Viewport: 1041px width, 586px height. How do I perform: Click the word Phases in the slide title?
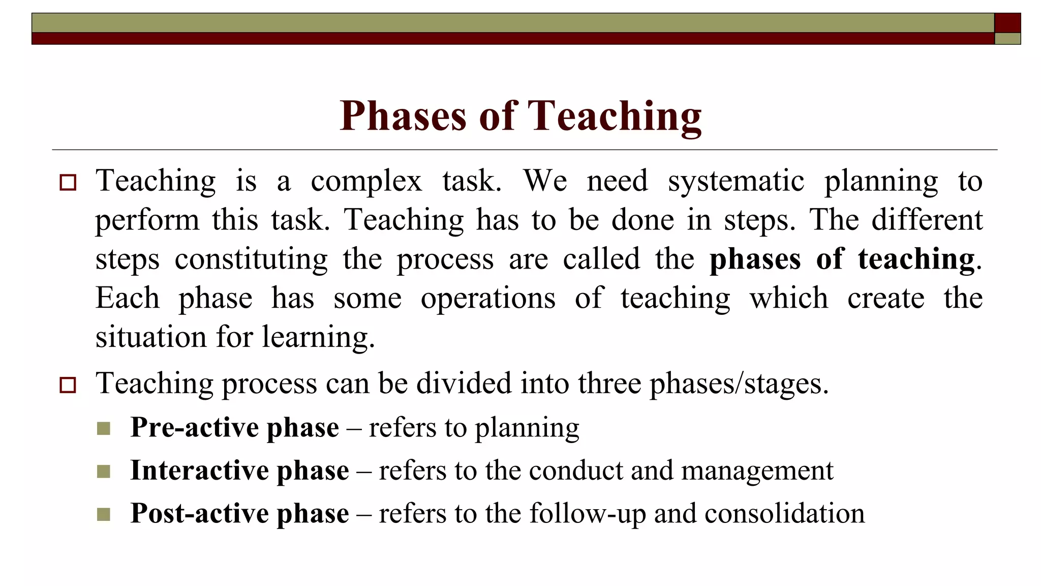402,116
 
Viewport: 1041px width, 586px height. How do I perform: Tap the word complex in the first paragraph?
366,181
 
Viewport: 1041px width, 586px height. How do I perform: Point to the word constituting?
251,259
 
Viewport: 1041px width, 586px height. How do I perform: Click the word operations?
488,299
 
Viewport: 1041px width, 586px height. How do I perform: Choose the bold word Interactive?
198,470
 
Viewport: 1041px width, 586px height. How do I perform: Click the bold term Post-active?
198,513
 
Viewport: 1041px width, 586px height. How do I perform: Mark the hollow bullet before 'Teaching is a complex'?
68,182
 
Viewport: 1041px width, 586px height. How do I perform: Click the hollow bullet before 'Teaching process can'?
68,385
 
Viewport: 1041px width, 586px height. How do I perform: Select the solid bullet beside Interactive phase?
103,472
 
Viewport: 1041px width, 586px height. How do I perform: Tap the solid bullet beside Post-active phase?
103,514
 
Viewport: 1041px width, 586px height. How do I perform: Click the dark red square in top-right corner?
1007,23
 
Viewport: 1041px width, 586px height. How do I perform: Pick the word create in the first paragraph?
885,298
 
